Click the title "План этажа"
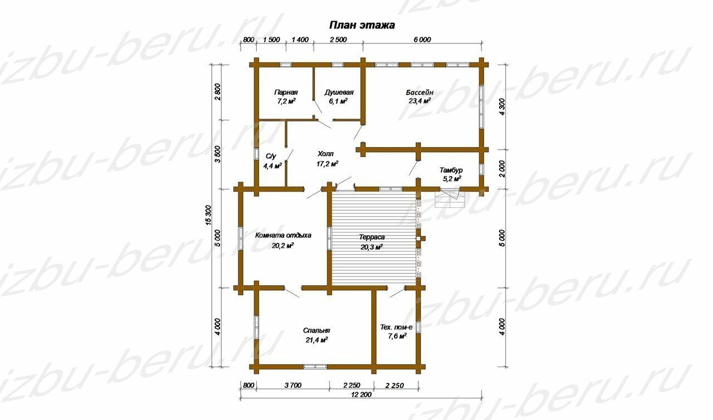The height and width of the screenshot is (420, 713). tap(362, 25)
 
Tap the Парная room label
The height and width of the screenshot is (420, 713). tap(286, 92)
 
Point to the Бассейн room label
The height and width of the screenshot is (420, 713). tap(419, 92)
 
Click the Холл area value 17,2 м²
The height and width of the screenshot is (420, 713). tap(327, 164)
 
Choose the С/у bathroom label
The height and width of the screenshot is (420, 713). tap(271, 156)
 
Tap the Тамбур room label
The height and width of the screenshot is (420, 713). tap(451, 170)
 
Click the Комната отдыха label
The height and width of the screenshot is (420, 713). tap(283, 236)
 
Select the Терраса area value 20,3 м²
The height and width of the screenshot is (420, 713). tap(372, 247)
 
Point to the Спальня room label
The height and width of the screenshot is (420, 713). tap(316, 330)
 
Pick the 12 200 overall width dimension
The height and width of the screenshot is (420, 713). tap(362, 395)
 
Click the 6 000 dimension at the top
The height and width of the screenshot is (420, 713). tap(422, 40)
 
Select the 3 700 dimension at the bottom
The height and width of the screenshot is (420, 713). tap(292, 385)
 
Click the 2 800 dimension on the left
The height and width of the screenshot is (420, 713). tap(217, 92)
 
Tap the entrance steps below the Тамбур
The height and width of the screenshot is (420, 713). tap(450, 198)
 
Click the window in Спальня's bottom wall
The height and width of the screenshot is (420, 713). tap(315, 367)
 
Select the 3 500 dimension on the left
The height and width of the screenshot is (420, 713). tap(217, 155)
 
